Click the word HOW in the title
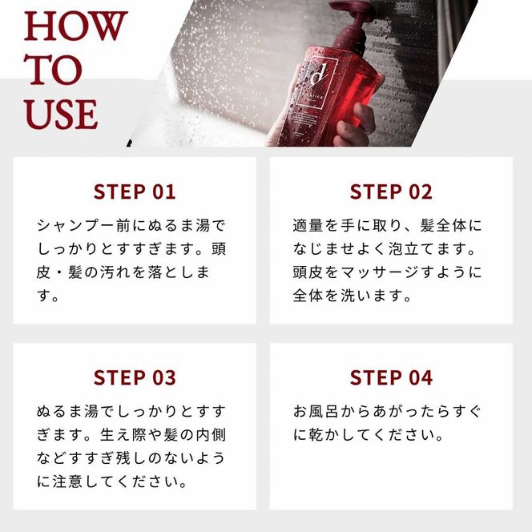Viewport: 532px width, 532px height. pos(75,26)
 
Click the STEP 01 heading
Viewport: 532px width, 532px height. pos(135,191)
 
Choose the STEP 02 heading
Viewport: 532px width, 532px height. pos(391,191)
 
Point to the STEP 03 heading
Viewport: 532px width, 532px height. pos(135,377)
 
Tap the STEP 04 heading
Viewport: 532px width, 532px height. pos(391,377)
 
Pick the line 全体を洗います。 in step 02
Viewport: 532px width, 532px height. pos(352,296)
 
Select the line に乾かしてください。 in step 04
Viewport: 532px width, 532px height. pos(369,436)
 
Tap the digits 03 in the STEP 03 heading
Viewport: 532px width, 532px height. pos(161,377)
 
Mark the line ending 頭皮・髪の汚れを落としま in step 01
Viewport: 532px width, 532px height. pos(123,272)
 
